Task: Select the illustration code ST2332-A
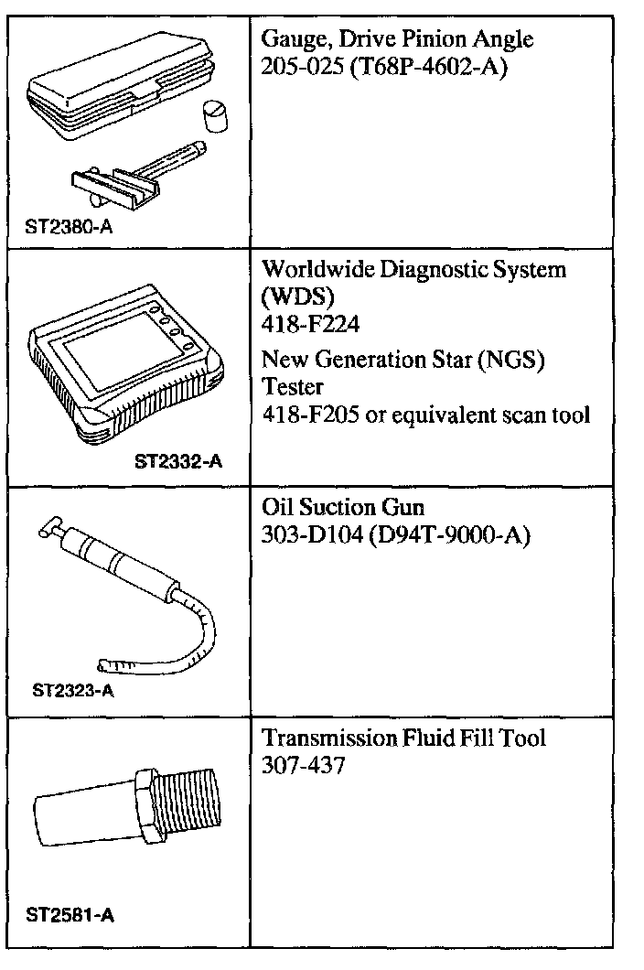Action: tap(177, 462)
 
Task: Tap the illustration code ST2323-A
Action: tap(73, 691)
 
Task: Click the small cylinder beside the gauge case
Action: tap(215, 120)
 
